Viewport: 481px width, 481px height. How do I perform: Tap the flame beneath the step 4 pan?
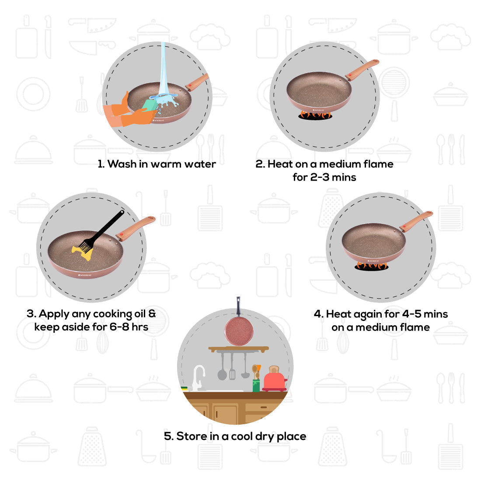pyautogui.click(x=371, y=265)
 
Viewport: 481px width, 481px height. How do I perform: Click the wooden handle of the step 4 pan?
pyautogui.click(x=416, y=221)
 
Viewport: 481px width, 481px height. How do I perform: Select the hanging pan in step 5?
pyautogui.click(x=237, y=330)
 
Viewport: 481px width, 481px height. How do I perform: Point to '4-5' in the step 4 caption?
pyautogui.click(x=411, y=314)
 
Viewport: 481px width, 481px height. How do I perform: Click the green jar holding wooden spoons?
pyautogui.click(x=256, y=385)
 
